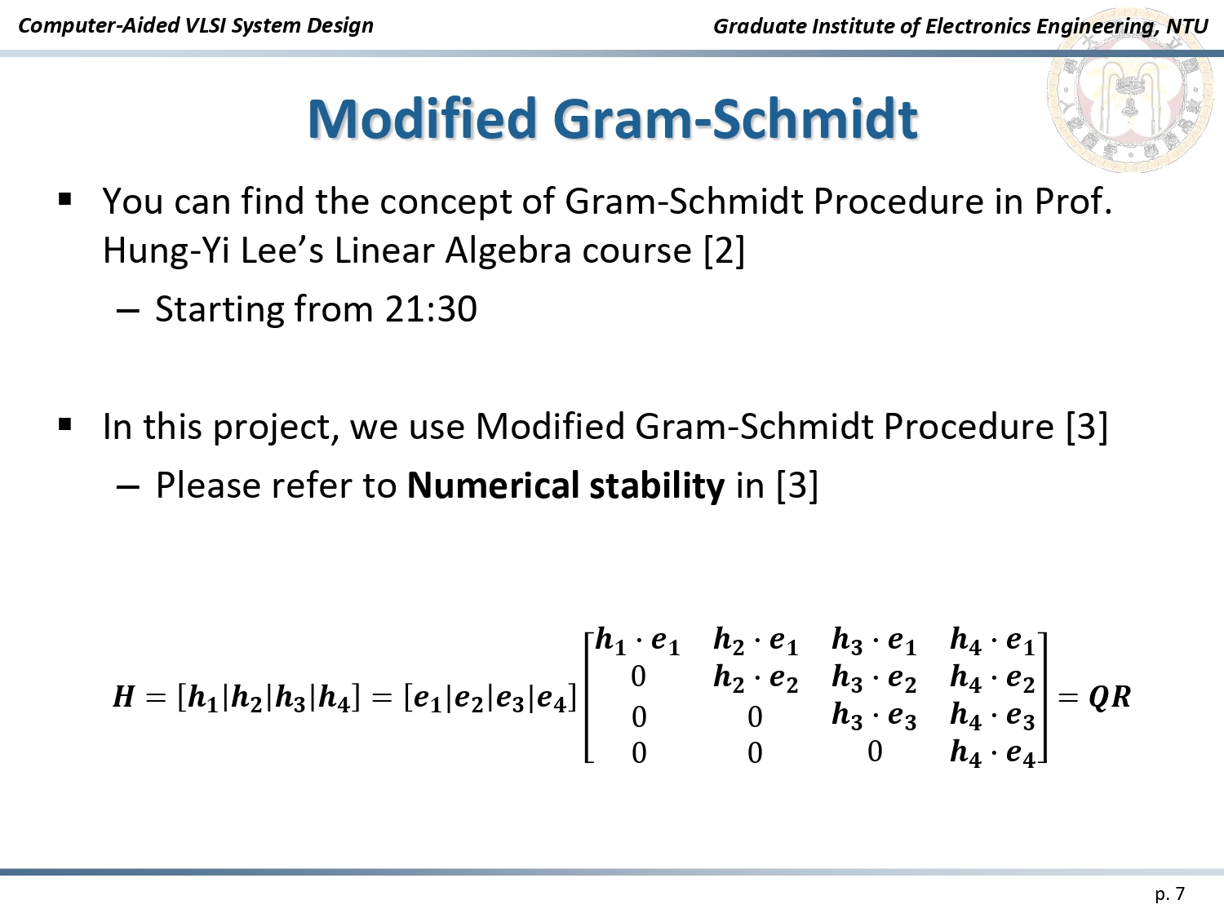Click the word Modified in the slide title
click(x=422, y=118)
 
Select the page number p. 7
click(x=1170, y=894)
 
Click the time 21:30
click(x=431, y=308)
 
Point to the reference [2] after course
click(x=724, y=251)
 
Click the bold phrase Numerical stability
click(x=566, y=485)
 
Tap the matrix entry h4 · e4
click(x=992, y=753)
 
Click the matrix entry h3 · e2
click(x=875, y=678)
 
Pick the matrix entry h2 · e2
click(x=756, y=678)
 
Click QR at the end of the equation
click(x=1110, y=698)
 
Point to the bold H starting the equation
click(x=123, y=697)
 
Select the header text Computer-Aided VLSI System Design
click(x=196, y=25)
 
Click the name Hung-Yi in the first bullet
click(x=166, y=251)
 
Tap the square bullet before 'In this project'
click(x=64, y=424)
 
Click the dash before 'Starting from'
click(x=127, y=310)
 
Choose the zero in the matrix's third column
click(x=875, y=752)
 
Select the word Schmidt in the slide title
click(x=814, y=118)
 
